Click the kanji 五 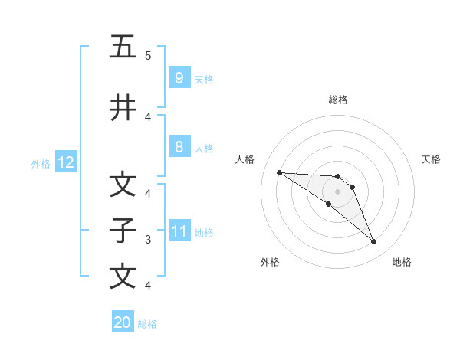123,47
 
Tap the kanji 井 123,108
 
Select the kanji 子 123,231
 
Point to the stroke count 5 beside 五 148,56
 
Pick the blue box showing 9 179,77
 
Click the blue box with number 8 179,147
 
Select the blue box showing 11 179,231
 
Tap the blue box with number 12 64,162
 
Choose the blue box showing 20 123,322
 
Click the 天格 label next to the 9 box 204,79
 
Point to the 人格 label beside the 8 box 204,149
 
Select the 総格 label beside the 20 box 147,324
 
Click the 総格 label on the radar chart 337,100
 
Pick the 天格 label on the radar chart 431,159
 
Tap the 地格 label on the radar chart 402,262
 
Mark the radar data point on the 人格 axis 279,172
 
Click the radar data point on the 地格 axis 373,242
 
